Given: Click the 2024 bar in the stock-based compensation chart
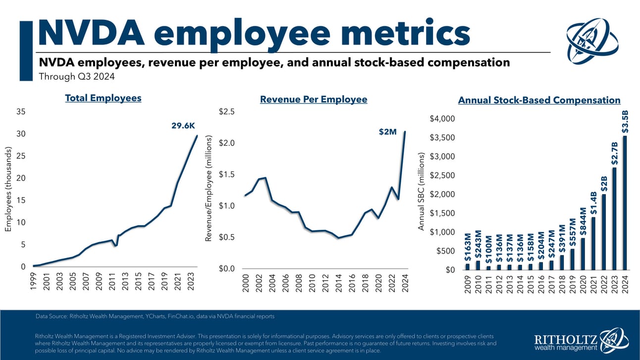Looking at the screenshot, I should point(624,203).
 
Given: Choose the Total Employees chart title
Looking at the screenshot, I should point(103,98).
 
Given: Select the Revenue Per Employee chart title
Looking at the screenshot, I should point(314,100).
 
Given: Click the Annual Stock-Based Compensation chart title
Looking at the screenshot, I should point(539,100).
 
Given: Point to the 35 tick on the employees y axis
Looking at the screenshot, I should point(21,112).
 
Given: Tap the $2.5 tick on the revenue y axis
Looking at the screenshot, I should point(227,112).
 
